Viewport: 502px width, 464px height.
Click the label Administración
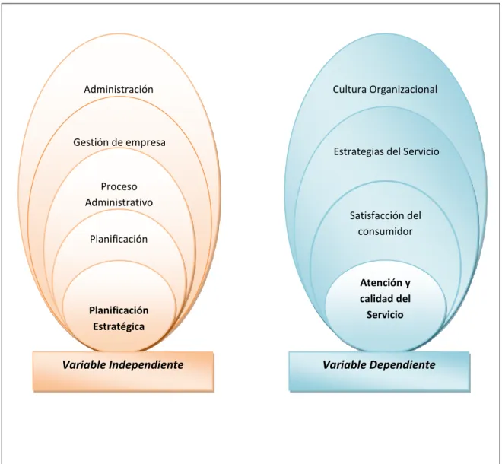pos(119,89)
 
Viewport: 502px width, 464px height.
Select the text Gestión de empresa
pos(119,142)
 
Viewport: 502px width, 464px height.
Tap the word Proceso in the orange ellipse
pos(119,186)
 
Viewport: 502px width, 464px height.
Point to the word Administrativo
pos(119,202)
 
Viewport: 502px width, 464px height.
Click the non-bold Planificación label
pos(119,239)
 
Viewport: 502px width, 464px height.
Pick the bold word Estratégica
pos(119,326)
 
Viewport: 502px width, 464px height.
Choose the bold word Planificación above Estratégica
pos(119,310)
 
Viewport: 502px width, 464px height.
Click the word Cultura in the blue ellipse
pos(349,89)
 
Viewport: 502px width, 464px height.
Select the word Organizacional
pos(403,89)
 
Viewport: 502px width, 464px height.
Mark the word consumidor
pos(385,231)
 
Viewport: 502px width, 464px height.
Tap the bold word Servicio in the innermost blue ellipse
pos(385,314)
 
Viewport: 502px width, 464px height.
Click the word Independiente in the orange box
pos(146,364)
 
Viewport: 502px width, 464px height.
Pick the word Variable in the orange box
pos(84,364)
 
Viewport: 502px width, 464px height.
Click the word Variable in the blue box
pos(344,364)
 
